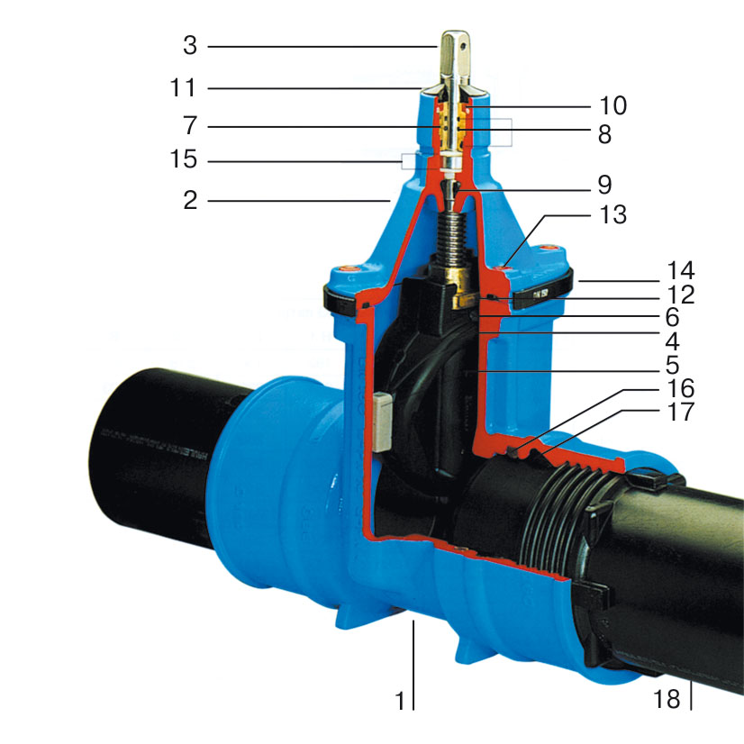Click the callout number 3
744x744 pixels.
click(x=190, y=46)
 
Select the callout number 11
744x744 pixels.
click(x=183, y=88)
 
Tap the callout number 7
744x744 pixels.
click(x=190, y=126)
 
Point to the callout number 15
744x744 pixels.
click(x=183, y=159)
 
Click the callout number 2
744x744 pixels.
click(x=190, y=200)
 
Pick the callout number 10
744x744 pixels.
click(x=613, y=105)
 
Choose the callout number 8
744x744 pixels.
click(x=604, y=134)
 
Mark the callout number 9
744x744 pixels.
click(x=604, y=185)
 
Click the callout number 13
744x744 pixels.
click(x=613, y=214)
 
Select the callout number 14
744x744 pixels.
click(x=681, y=270)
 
